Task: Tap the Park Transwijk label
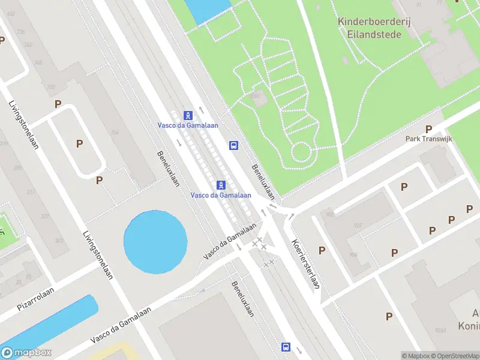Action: point(428,139)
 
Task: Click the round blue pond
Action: point(155,241)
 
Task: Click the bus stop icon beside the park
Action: point(233,145)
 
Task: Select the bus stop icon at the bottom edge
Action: point(286,347)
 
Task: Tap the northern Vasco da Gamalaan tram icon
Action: point(188,115)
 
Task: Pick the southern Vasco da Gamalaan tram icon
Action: point(221,184)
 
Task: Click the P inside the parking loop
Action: point(79,143)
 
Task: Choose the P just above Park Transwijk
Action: point(428,129)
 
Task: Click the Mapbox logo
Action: point(26,353)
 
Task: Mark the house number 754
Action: point(115,133)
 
